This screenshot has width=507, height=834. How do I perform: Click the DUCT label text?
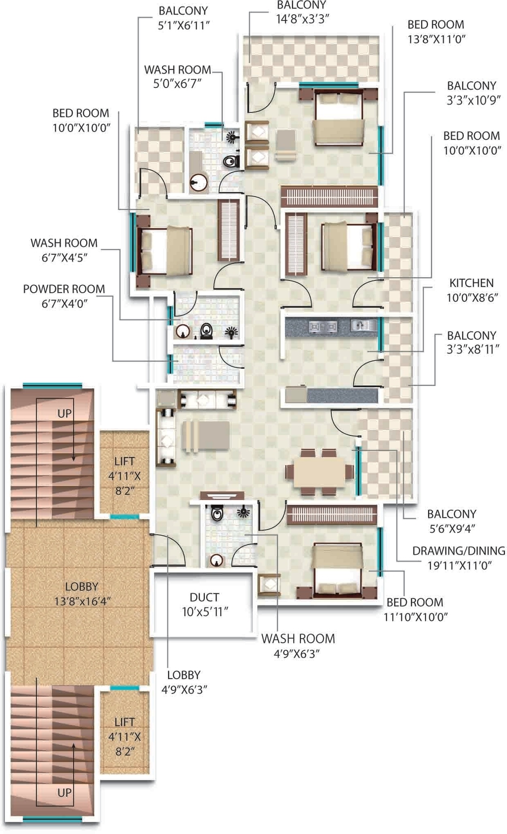point(205,597)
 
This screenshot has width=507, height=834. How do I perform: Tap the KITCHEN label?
point(471,283)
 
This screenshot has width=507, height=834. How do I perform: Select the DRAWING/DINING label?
point(459,551)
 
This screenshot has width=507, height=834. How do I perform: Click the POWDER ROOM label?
point(64,289)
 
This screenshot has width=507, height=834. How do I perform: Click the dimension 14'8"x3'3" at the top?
point(302,19)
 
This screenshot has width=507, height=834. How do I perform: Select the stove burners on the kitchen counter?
point(323,326)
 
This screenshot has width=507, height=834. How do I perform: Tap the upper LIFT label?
point(124,461)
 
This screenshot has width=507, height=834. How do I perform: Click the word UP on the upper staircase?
point(64,413)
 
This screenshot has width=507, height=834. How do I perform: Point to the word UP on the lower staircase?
point(64,792)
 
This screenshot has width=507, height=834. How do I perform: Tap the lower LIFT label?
point(124,722)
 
